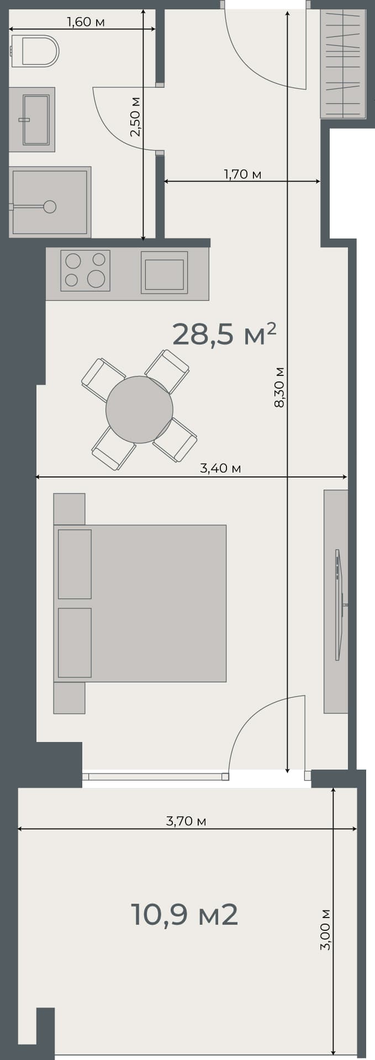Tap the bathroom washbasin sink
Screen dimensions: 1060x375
(x=36, y=119)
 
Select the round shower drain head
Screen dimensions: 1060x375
(x=50, y=206)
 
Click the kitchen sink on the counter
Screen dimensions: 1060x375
(x=164, y=272)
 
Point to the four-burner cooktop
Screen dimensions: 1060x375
(x=85, y=271)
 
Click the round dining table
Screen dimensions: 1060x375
(x=139, y=409)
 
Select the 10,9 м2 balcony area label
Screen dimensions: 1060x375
(x=184, y=915)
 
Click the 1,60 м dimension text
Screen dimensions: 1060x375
(x=86, y=23)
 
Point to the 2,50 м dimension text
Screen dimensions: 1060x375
(x=135, y=117)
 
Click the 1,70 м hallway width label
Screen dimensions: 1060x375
(x=242, y=174)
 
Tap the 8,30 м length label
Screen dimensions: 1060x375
(x=279, y=386)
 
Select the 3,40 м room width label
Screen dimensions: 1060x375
(x=220, y=468)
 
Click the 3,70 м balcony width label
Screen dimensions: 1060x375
(x=186, y=821)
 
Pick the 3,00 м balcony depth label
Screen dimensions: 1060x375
(x=325, y=929)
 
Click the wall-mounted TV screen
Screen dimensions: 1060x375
(x=339, y=605)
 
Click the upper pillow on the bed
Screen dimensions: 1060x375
(x=75, y=564)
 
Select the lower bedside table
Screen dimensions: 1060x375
(x=69, y=698)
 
